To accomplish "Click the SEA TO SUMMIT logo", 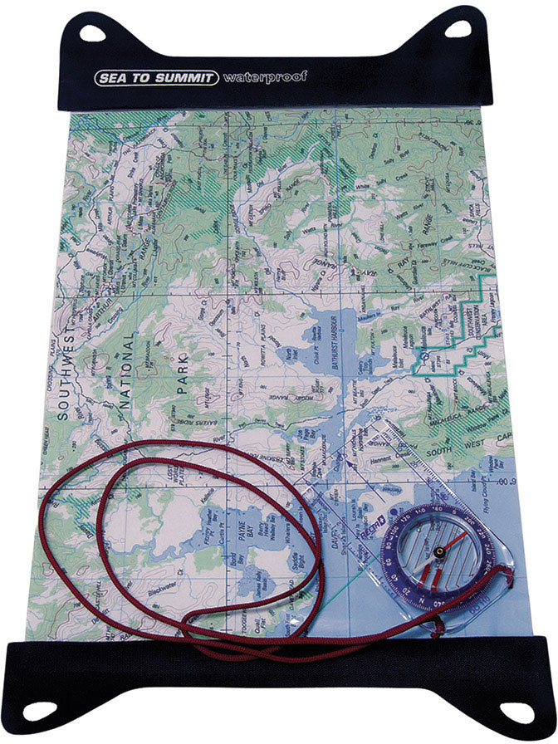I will tap(155, 78).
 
